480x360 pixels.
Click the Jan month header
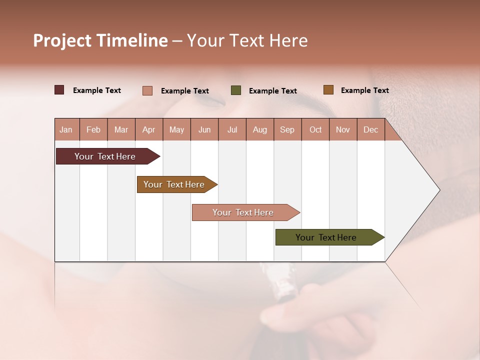point(66,129)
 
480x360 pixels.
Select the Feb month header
point(93,129)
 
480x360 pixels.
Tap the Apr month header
point(148,129)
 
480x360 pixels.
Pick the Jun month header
point(204,129)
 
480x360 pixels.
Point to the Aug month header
point(259,129)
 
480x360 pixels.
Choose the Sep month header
point(287,129)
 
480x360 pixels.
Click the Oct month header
point(315,129)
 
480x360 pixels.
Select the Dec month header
point(370,129)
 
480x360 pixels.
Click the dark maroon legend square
point(59,90)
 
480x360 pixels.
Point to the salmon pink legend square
point(147,90)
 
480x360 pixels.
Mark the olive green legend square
point(236,90)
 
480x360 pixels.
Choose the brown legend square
point(328,90)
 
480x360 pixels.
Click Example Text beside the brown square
point(364,90)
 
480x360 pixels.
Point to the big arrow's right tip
point(438,190)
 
